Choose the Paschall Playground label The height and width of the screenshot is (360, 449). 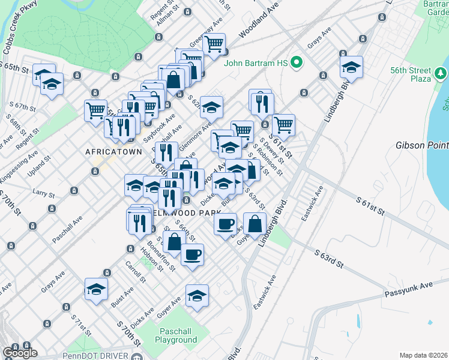(x=178, y=336)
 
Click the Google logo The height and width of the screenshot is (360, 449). (x=20, y=352)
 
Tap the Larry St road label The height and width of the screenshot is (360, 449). (x=44, y=193)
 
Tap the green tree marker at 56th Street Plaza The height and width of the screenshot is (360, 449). (x=441, y=74)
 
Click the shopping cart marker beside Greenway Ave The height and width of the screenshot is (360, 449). (x=213, y=43)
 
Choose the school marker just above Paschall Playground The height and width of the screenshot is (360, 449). (x=197, y=295)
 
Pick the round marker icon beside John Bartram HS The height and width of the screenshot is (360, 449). (x=296, y=62)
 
